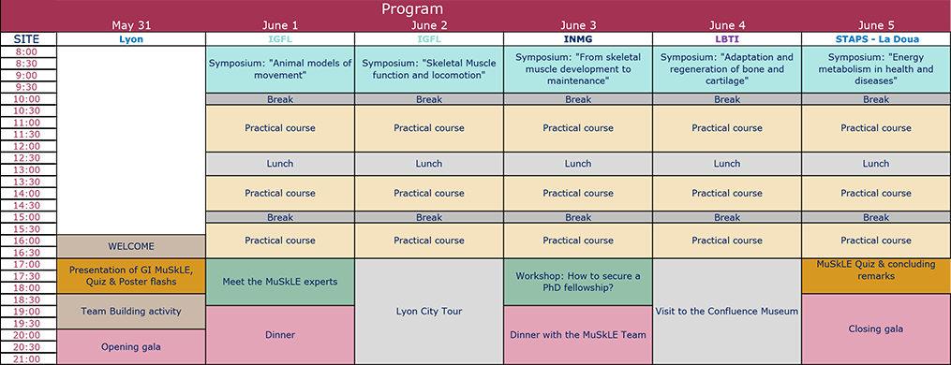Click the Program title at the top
(x=412, y=9)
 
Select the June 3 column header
(x=578, y=25)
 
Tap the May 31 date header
(x=131, y=25)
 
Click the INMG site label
(x=578, y=39)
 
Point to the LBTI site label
(x=726, y=39)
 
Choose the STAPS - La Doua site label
(x=876, y=39)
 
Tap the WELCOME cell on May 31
(x=131, y=246)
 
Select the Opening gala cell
(x=131, y=347)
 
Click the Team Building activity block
(x=131, y=312)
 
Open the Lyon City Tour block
(x=429, y=312)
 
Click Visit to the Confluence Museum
(x=726, y=312)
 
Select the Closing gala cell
(x=876, y=329)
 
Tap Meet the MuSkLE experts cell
(x=279, y=282)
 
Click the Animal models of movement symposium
(x=279, y=70)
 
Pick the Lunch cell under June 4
(x=726, y=164)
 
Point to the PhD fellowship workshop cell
(x=578, y=282)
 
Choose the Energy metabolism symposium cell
(x=876, y=70)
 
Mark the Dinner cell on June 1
(x=279, y=335)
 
